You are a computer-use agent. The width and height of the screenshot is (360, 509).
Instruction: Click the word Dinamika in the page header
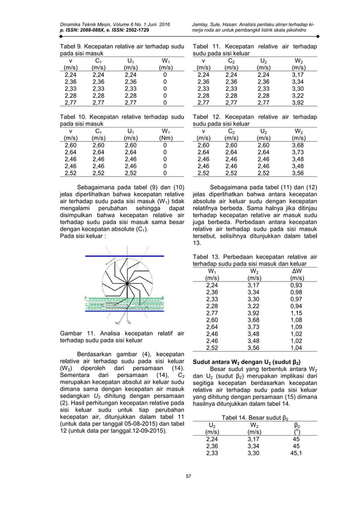pos(73,25)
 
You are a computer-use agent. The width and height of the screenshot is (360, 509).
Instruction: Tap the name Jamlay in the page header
pos(203,25)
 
